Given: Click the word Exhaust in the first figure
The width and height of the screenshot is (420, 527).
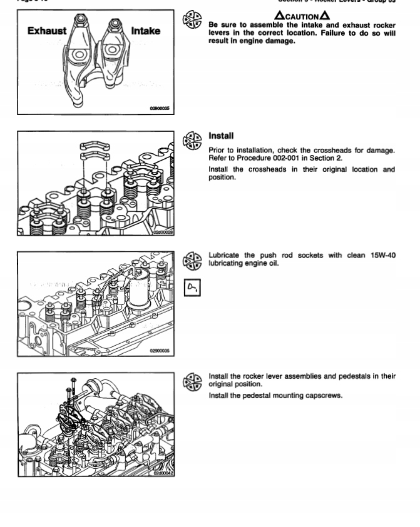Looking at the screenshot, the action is pos(47,31).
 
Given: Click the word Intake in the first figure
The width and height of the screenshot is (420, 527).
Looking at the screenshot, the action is pos(145,31).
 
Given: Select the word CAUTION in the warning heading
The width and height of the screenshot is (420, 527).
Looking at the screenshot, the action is pos(302,16).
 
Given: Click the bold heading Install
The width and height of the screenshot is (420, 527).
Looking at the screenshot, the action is pos(221,136).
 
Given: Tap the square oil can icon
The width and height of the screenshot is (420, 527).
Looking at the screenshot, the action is pos(192,288).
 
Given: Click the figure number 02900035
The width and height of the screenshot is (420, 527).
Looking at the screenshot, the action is pos(160,351).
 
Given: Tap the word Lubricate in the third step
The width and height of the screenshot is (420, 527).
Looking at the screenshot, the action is pos(225,255).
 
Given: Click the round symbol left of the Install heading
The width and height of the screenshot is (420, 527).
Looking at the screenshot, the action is pos(192,140).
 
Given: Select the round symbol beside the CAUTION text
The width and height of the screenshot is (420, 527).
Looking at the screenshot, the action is pos(192,19).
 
